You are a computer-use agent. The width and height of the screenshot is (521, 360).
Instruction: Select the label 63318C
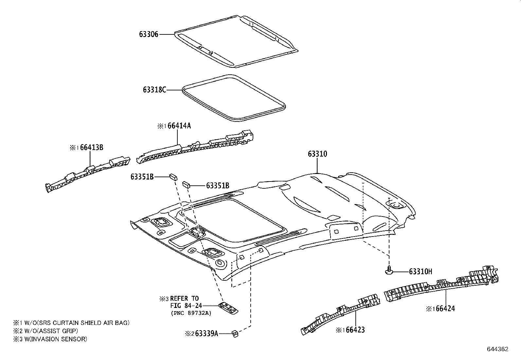click(154, 89)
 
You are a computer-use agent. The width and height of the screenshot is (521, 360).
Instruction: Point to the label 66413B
click(92, 147)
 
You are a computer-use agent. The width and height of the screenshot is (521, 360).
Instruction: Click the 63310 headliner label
click(317, 154)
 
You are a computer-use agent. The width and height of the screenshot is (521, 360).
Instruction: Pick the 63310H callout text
click(421, 271)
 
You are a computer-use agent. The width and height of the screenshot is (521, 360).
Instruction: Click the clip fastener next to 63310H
click(388, 271)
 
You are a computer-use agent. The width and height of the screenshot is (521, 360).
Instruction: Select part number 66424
click(444, 308)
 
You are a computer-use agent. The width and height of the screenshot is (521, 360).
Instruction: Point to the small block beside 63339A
click(235, 333)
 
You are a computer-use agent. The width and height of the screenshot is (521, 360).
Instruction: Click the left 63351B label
click(142, 177)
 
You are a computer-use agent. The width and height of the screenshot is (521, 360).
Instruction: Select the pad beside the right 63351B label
click(186, 184)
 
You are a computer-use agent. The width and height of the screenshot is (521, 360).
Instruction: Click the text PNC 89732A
click(191, 313)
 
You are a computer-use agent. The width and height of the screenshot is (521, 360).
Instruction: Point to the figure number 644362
click(497, 349)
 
